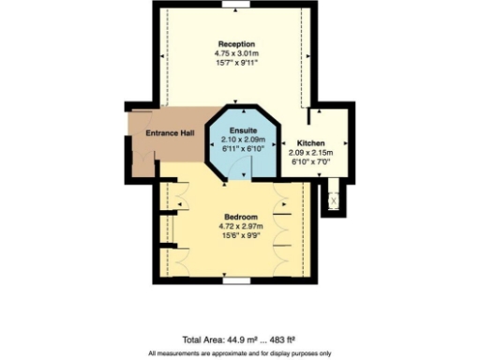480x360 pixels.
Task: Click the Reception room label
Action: coord(237,44)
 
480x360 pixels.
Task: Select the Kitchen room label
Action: coord(312,143)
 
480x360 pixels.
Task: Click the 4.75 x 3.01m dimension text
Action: coord(237,53)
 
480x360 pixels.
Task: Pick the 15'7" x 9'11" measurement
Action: coord(237,63)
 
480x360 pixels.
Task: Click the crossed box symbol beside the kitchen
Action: coord(331,199)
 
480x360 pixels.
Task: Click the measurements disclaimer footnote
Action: coord(240,353)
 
